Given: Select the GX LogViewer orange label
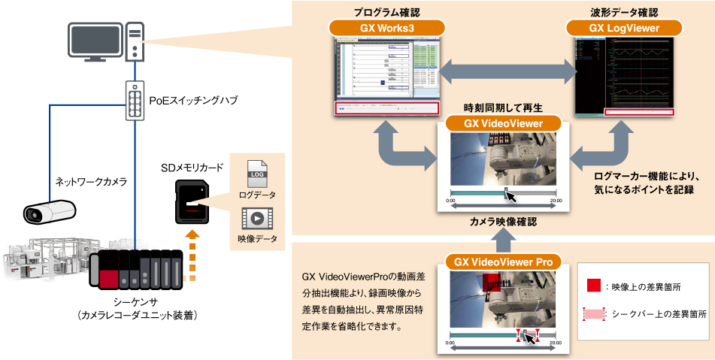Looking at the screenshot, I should pos(625,28).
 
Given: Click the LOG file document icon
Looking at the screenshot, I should pos(256,174).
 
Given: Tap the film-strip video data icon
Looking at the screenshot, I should pos(256,219).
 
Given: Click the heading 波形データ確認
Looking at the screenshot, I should pos(625,12).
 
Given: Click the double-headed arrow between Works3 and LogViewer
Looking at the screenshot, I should pos(508,73).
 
